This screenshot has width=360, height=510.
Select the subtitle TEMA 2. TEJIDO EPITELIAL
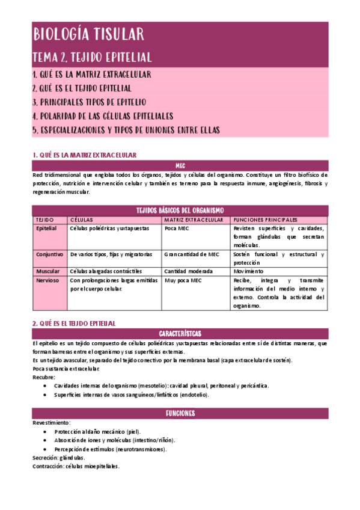(x=92, y=57)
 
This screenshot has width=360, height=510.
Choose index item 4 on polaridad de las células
(x=103, y=116)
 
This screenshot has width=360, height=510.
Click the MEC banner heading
(x=180, y=164)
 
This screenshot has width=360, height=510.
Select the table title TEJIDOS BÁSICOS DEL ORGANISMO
(x=180, y=210)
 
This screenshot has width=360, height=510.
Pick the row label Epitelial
(x=46, y=229)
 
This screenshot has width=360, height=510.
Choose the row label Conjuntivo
(x=49, y=254)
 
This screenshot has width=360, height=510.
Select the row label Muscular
(x=48, y=271)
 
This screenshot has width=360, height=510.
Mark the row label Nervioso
(x=47, y=280)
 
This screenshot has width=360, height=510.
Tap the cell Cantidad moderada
(x=188, y=271)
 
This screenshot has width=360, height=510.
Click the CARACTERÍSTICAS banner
(x=180, y=333)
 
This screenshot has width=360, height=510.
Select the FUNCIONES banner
(x=180, y=414)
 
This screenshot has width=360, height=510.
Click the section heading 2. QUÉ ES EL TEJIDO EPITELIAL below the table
(x=73, y=323)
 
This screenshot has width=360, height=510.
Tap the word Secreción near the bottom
(x=46, y=458)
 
